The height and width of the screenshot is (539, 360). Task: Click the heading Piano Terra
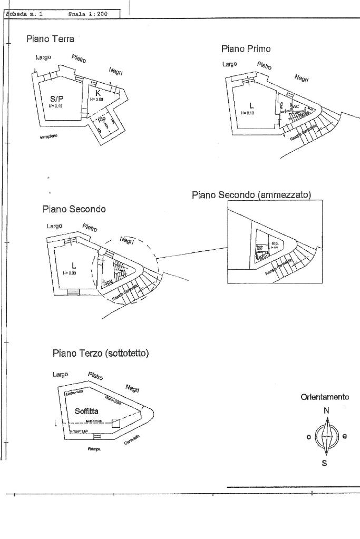[x=50, y=39]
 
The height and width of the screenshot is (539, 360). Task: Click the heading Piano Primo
[x=246, y=49]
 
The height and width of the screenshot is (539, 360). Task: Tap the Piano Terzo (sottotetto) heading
[x=101, y=352]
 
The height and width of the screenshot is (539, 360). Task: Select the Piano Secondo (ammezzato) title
[x=251, y=195]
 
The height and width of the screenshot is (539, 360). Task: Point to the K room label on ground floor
[x=98, y=93]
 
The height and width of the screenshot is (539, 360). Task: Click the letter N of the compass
[x=327, y=410]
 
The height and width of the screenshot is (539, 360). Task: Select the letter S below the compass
[x=325, y=464]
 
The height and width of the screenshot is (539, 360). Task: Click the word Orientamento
[x=325, y=398]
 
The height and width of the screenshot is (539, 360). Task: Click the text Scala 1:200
[x=88, y=14]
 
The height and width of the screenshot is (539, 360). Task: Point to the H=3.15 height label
[x=56, y=106]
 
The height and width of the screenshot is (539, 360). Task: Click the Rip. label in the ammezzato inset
[x=275, y=244]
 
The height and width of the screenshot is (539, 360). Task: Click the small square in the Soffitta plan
[x=116, y=423]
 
